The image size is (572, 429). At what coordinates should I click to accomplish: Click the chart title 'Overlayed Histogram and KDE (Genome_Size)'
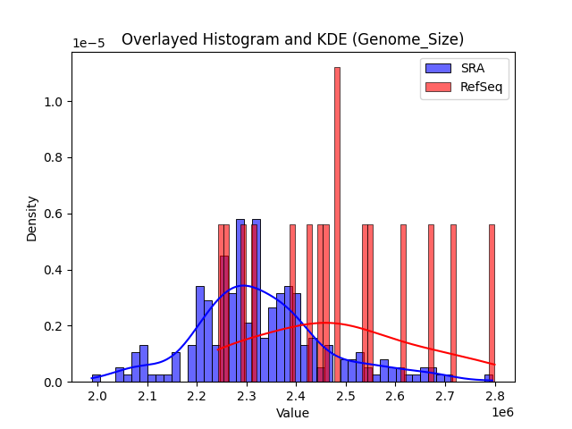[292, 39]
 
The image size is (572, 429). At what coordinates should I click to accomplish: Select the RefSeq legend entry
[465, 87]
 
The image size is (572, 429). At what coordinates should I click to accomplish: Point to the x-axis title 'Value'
[292, 413]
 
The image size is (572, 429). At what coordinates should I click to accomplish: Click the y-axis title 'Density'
[32, 217]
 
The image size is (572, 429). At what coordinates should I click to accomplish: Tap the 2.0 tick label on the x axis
[97, 395]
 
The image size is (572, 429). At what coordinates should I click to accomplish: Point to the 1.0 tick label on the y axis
[53, 102]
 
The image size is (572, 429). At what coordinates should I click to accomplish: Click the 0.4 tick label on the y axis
[53, 270]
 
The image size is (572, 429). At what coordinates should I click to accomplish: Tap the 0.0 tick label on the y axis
[53, 383]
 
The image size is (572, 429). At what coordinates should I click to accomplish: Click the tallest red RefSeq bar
[337, 223]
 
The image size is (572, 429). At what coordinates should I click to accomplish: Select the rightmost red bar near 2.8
[492, 304]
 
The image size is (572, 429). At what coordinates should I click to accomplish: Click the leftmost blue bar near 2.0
[97, 378]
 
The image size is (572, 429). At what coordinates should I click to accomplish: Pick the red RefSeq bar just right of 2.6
[403, 304]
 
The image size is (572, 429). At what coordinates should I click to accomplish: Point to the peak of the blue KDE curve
[243, 286]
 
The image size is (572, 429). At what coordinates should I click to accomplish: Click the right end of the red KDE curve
[493, 365]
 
